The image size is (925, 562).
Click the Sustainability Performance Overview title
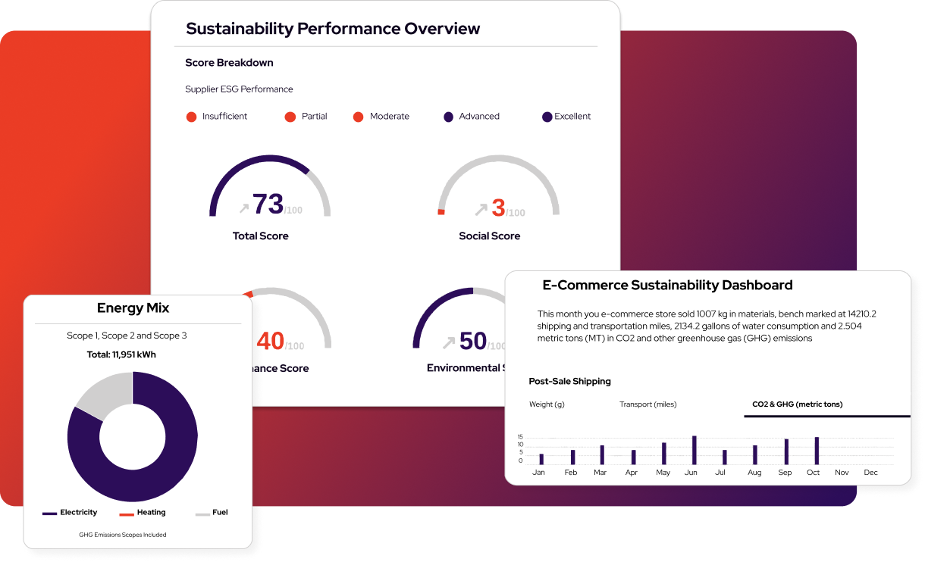coord(333,29)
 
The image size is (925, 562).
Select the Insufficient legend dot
coord(191,117)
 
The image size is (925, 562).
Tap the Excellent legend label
coord(572,117)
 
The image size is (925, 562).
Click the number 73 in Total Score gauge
coord(268,204)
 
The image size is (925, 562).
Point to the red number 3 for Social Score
coord(498,207)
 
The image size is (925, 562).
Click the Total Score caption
coord(260,236)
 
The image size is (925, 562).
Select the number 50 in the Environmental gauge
coord(473,341)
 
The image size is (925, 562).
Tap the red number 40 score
coord(270,342)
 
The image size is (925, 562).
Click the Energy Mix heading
coord(133,308)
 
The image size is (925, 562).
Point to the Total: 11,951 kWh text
coord(133,354)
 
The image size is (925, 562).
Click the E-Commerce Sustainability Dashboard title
coord(667,286)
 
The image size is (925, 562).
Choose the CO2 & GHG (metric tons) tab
coord(797,404)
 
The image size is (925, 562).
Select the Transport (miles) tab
coord(647,404)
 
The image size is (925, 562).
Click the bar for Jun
coord(694,450)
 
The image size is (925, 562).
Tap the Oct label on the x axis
coord(814,473)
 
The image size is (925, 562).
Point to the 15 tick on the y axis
coord(520,437)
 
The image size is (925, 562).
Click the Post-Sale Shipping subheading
coord(569,382)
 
